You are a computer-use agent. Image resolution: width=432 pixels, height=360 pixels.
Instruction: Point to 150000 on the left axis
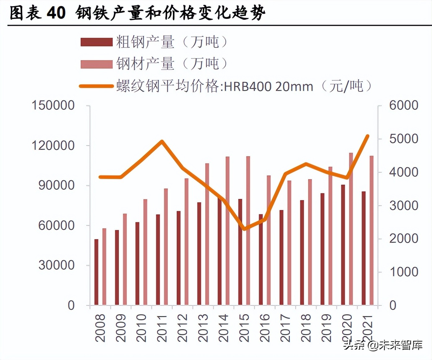(x=53, y=105)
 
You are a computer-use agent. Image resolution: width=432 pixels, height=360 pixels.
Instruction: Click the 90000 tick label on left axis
(x=56, y=185)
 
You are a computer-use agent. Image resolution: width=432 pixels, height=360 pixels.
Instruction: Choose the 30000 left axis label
(x=56, y=265)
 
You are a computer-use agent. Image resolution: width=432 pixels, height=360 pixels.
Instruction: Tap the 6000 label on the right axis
(x=403, y=105)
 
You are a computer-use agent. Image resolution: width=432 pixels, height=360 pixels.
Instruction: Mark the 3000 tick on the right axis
(x=403, y=205)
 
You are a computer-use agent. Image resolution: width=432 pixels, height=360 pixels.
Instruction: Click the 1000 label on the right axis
(x=403, y=272)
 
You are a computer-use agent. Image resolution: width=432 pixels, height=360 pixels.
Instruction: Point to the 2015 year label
(x=244, y=328)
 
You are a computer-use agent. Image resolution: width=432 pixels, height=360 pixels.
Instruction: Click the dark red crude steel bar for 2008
(x=96, y=272)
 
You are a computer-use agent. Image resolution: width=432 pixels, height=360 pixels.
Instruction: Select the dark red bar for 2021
(x=364, y=248)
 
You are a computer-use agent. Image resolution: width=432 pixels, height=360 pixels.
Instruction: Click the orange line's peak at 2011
(x=162, y=142)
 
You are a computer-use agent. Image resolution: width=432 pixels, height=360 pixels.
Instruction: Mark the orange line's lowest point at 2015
(x=245, y=229)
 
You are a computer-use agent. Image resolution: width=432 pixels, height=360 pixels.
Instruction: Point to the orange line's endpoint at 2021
(x=368, y=136)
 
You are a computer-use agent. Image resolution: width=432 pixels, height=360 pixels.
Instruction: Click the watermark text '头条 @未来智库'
(x=383, y=345)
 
